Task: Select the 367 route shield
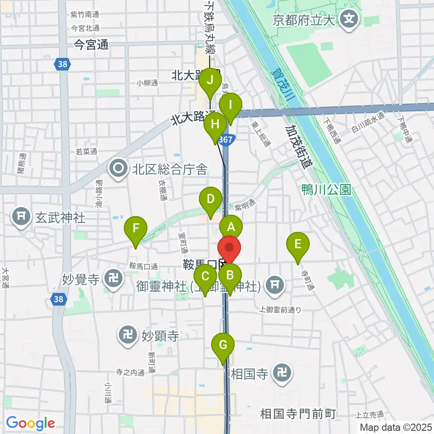[x=225, y=140]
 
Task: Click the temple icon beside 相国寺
[x=283, y=373]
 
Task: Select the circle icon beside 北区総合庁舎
[x=118, y=170]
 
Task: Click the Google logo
[x=30, y=423]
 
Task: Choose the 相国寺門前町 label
[x=297, y=413]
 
